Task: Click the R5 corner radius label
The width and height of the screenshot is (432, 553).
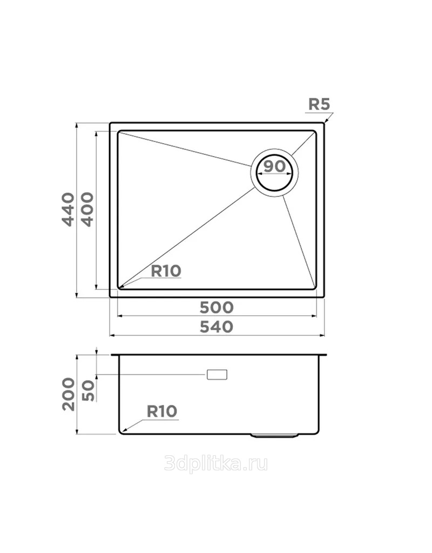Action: coord(319,104)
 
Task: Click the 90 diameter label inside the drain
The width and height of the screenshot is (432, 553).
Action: coord(274,166)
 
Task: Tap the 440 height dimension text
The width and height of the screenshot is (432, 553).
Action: coord(69,209)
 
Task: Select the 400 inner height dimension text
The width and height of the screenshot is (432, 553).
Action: coord(87,209)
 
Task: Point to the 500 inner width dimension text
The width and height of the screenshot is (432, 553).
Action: coord(217,307)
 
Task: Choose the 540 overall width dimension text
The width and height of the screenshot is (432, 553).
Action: coord(217,327)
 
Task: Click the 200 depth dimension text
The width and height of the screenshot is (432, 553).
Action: coord(69,394)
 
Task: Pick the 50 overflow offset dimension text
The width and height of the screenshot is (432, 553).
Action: coord(88,390)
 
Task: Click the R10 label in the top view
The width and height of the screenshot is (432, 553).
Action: coord(166,271)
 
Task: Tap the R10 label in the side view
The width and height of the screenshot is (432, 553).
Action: coord(161,411)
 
